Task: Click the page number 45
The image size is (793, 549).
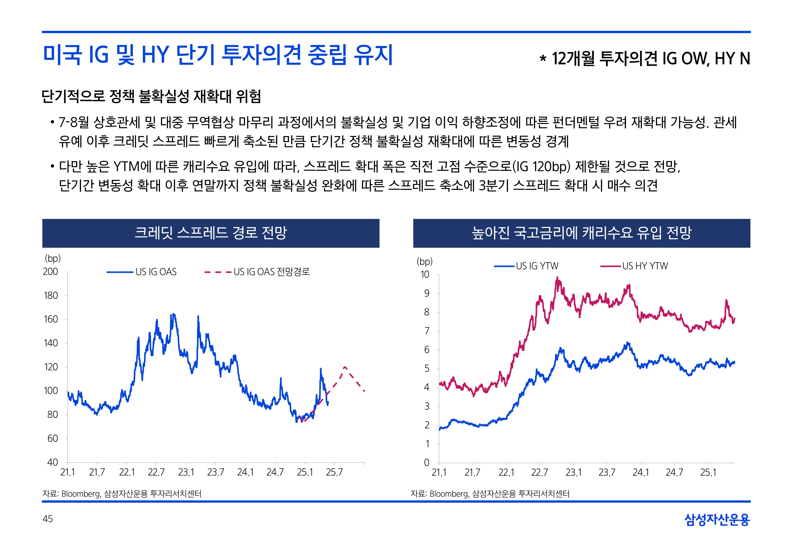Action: (47, 519)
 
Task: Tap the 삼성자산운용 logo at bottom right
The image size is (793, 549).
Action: (717, 519)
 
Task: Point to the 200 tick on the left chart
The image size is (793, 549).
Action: (51, 272)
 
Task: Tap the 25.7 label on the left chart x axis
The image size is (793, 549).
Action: (334, 472)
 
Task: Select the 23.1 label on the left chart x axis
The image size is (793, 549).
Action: (186, 472)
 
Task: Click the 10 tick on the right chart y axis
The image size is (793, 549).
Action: (425, 275)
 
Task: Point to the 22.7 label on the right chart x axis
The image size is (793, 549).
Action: (539, 473)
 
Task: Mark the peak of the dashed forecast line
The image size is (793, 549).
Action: (345, 367)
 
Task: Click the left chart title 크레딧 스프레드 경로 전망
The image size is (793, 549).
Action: (211, 233)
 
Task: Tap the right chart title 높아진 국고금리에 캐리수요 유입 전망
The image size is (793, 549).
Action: (581, 233)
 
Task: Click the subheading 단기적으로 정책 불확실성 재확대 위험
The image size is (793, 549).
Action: (151, 96)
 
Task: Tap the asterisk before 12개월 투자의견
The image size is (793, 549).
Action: (543, 59)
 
